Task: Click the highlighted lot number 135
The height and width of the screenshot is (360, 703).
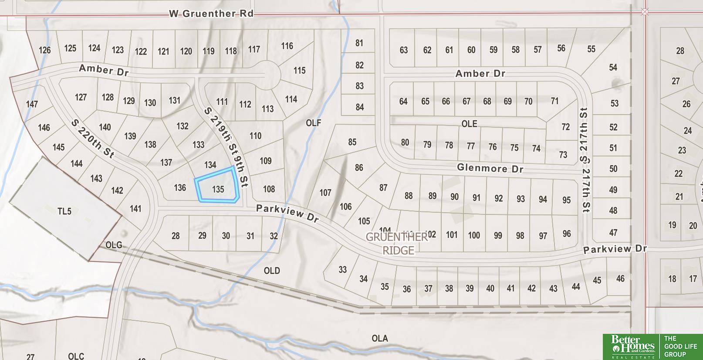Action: click(218, 189)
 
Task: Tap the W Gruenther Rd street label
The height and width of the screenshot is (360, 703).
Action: click(211, 14)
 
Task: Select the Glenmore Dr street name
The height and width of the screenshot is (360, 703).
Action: click(490, 168)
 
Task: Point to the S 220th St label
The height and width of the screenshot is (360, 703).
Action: click(92, 139)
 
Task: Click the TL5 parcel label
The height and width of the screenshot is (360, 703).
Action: click(64, 211)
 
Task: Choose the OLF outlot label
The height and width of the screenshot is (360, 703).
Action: click(313, 123)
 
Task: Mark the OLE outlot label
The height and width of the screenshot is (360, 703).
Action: click(469, 124)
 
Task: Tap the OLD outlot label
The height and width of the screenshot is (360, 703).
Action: click(272, 271)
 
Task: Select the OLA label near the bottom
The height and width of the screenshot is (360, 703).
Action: click(379, 338)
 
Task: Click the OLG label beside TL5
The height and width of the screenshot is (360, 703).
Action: click(114, 245)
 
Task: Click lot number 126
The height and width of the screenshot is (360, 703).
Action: click(44, 50)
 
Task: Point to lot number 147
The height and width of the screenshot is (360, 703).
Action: click(32, 104)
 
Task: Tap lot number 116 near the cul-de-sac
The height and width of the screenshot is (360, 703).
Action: click(287, 46)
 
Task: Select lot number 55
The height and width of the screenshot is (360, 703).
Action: click(591, 49)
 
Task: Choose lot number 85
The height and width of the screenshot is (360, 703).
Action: click(352, 142)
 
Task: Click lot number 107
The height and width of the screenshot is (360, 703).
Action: click(325, 192)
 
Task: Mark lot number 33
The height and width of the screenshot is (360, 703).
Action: click(342, 269)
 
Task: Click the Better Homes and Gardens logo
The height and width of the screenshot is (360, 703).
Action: click(632, 347)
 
